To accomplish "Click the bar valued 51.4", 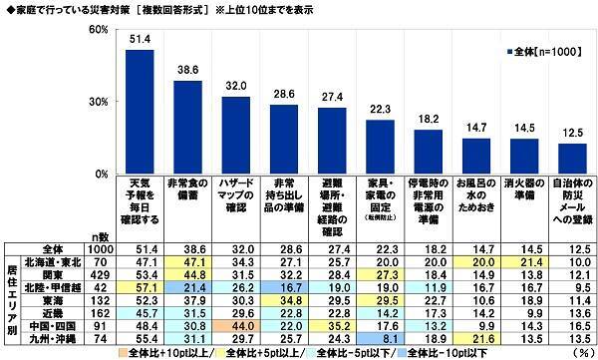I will (x=139, y=112).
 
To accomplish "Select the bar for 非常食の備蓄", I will (x=187, y=127).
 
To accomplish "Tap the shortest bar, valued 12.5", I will (x=571, y=159).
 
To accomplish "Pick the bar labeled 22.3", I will (x=380, y=147).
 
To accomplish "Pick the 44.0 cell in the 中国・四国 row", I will (x=235, y=324).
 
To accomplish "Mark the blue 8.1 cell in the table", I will (x=380, y=338).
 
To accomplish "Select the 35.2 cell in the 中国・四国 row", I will (x=332, y=324).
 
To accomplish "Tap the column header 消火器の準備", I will (x=524, y=191).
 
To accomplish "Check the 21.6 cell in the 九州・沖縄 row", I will (x=476, y=338).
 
